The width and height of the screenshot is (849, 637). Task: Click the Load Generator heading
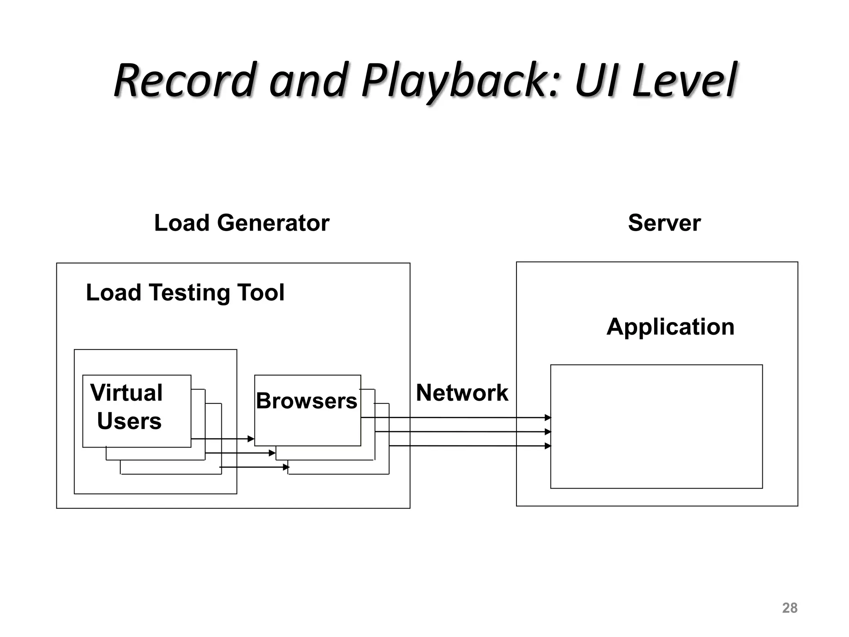pyautogui.click(x=242, y=223)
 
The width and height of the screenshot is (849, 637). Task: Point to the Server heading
pyautogui.click(x=664, y=223)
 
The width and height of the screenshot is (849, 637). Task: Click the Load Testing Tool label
pyautogui.click(x=185, y=292)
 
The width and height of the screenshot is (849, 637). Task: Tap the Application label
pyautogui.click(x=670, y=326)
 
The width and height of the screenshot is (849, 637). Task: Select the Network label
pyautogui.click(x=462, y=392)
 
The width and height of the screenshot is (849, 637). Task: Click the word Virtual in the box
pyautogui.click(x=126, y=392)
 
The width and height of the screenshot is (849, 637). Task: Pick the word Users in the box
pyautogui.click(x=129, y=421)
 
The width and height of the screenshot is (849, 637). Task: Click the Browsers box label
pyautogui.click(x=306, y=401)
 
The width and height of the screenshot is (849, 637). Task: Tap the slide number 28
pyautogui.click(x=789, y=608)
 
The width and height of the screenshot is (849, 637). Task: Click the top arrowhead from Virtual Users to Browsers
pyautogui.click(x=251, y=439)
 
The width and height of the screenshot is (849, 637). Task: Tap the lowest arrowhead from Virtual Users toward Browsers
pyautogui.click(x=286, y=467)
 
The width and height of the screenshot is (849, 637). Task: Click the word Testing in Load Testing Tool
pyautogui.click(x=189, y=292)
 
